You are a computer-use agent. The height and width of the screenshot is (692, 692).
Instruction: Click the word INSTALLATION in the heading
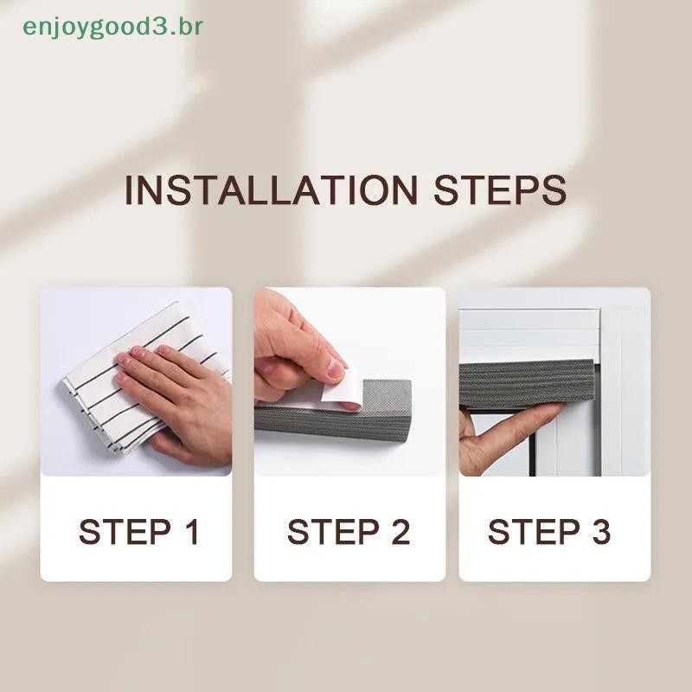(x=271, y=190)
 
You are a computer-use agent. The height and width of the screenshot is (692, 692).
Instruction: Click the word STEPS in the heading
(x=500, y=190)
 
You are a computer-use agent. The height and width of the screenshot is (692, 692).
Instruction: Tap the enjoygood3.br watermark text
(x=113, y=28)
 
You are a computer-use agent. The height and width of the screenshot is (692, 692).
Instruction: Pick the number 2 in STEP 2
(x=400, y=532)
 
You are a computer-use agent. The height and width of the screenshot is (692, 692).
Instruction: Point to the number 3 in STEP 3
(x=600, y=532)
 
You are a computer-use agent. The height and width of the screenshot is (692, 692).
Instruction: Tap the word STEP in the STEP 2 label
(x=333, y=532)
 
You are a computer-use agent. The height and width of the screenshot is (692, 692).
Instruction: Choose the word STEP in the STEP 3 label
(x=534, y=532)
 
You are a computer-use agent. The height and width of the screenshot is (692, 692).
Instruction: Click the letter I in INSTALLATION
(x=129, y=190)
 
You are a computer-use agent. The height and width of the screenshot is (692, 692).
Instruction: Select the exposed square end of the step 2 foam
(x=387, y=396)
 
